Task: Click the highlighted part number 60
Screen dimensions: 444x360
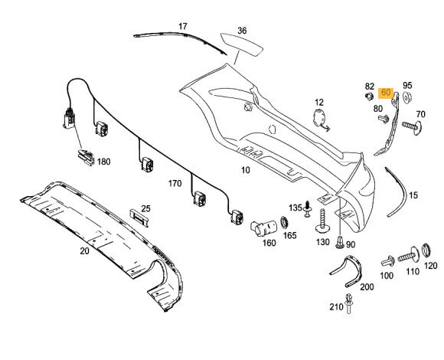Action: coord(386,93)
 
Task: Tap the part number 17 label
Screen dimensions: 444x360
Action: coord(183,26)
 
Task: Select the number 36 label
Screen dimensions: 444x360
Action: coord(242,31)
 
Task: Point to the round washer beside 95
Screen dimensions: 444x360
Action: coord(407,97)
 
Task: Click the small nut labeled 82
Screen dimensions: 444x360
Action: coord(369,97)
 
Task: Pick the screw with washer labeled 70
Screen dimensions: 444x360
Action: coord(412,126)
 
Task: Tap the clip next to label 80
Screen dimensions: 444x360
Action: coord(384,119)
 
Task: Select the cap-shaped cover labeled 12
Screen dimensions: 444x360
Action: coord(320,117)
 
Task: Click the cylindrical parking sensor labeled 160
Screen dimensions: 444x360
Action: coord(263,227)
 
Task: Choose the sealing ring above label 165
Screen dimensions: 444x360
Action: coord(284,222)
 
